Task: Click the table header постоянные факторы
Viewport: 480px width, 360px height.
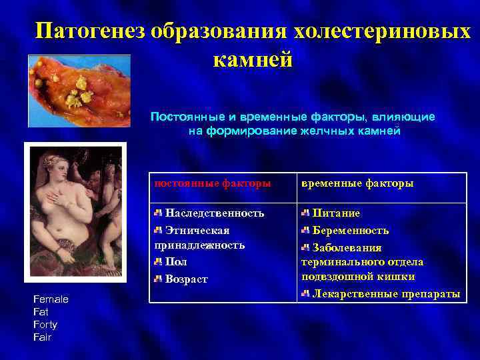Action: [213, 183]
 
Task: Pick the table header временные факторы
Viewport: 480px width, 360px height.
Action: [357, 183]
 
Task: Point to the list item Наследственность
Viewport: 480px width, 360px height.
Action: [214, 213]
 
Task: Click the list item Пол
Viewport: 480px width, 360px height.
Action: [176, 262]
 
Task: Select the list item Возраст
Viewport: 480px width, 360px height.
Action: [186, 279]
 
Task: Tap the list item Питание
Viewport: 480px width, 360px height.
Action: [337, 213]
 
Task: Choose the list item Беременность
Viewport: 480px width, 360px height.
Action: [351, 231]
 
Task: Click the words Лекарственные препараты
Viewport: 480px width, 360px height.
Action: [386, 294]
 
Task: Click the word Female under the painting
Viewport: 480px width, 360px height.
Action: [51, 299]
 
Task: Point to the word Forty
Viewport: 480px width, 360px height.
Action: [45, 325]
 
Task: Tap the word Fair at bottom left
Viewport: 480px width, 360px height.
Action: [41, 337]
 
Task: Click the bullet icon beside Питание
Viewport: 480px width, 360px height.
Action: [305, 213]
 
